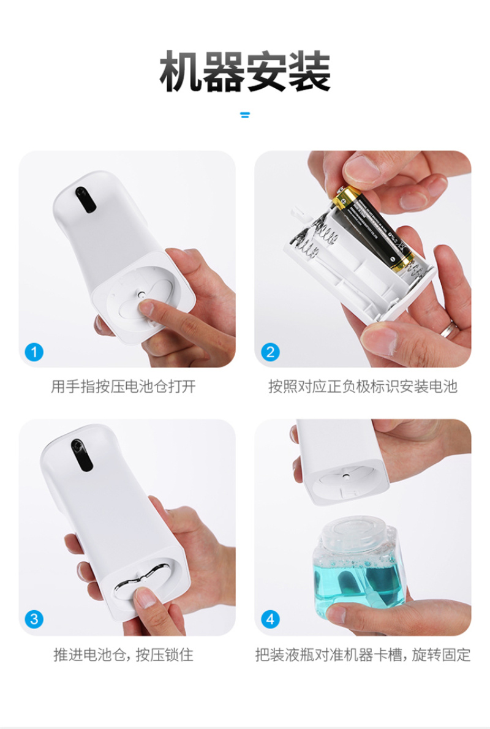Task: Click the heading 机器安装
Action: coord(245,72)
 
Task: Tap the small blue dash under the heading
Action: coord(245,115)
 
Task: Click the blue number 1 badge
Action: coord(34,352)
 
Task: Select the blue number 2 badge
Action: coord(270,352)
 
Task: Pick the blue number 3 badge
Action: coord(34,619)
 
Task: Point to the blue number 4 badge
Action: coord(270,619)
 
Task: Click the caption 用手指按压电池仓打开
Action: coord(123,387)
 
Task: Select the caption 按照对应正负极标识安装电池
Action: coord(363,387)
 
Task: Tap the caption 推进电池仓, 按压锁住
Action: coord(123,655)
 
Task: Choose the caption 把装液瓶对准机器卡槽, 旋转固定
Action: coord(363,655)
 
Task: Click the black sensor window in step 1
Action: coord(86,199)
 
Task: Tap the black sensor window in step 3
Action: coord(82,455)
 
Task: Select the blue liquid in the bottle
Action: coord(358,586)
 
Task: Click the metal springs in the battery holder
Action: coord(316,238)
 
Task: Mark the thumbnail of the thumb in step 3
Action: coord(145,598)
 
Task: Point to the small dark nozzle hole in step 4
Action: coord(346,475)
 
